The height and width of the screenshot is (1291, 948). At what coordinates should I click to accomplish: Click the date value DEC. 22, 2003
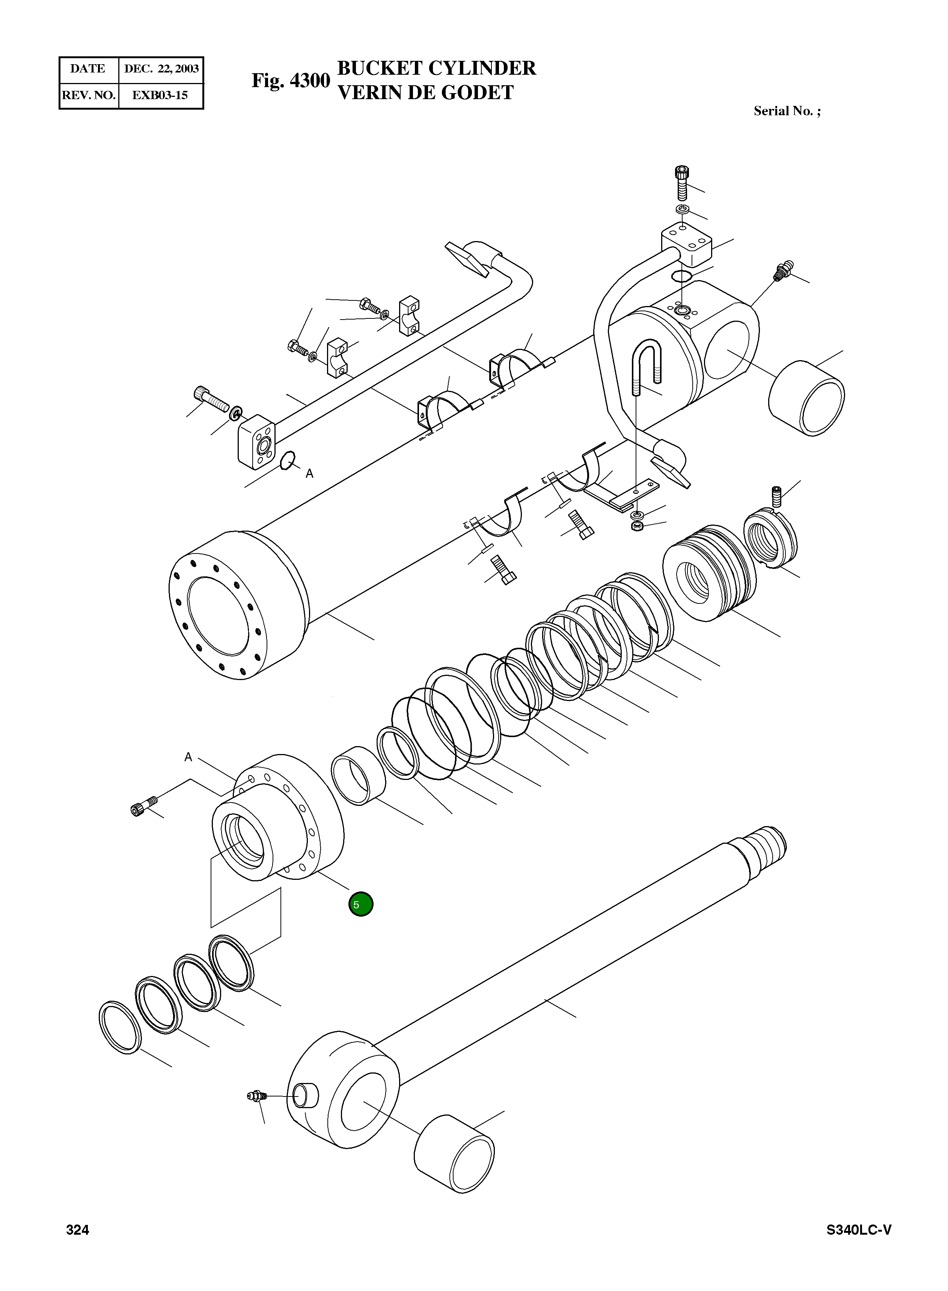(x=161, y=69)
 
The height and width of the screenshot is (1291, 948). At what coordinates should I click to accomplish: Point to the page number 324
(x=77, y=1246)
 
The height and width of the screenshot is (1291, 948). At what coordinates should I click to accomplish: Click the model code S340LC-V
(x=859, y=1246)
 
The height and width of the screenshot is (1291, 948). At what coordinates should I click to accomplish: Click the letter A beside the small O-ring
(x=309, y=474)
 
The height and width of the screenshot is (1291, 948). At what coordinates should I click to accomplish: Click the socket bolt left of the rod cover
(x=143, y=806)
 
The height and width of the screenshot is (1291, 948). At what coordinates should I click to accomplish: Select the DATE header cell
(x=88, y=69)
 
